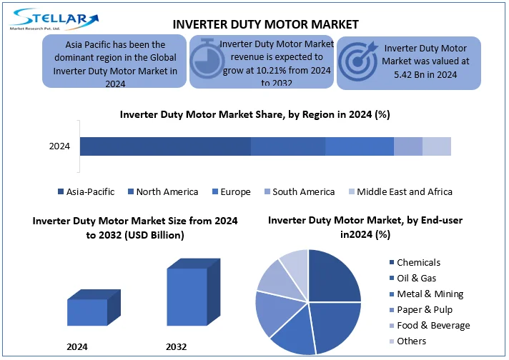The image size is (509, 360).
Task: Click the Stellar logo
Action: (x=54, y=19)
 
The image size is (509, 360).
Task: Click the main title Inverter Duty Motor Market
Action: (x=265, y=25)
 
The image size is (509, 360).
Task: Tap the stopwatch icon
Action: (x=207, y=59)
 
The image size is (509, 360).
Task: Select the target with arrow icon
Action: (x=358, y=61)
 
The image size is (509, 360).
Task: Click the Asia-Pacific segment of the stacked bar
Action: (x=165, y=146)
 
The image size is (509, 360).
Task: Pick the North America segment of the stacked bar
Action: (x=288, y=146)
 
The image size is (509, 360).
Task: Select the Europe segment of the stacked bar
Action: (x=360, y=146)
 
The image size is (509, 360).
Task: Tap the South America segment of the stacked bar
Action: (x=408, y=146)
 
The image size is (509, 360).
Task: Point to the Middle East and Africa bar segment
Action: (x=437, y=146)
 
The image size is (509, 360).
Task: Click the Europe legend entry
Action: (x=232, y=191)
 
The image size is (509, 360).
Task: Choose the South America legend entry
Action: (x=300, y=191)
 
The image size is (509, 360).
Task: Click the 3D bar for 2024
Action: (x=94, y=307)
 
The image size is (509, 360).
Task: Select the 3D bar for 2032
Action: (x=194, y=292)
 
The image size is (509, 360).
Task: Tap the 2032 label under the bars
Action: (x=177, y=346)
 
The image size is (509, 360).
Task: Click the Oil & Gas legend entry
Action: (x=413, y=278)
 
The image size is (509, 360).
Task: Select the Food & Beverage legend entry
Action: (x=430, y=325)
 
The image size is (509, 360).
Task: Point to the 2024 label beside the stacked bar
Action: (x=59, y=146)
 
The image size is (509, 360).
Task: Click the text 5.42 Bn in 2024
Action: (x=425, y=74)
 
